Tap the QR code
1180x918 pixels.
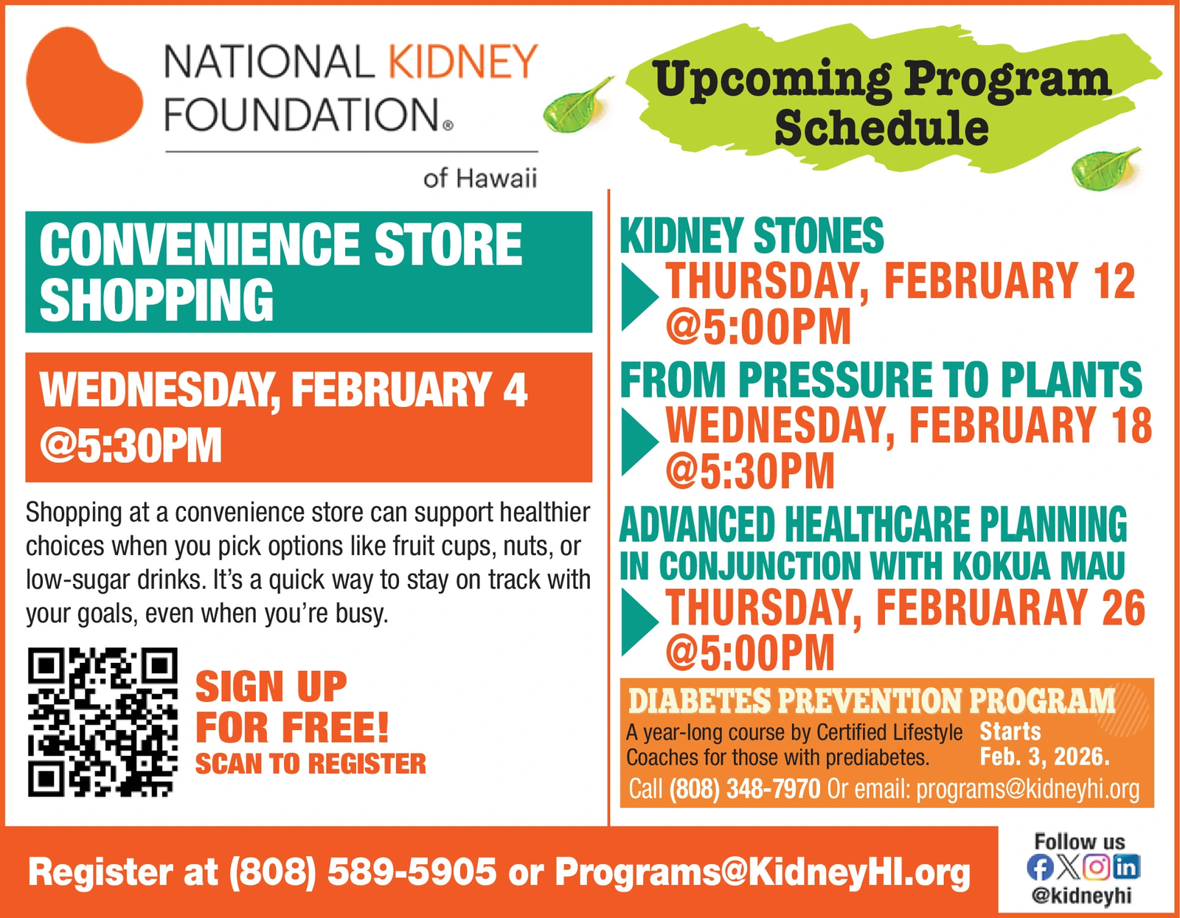pos(103,722)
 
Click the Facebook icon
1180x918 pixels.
pos(1040,867)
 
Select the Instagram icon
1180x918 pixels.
pos(1097,867)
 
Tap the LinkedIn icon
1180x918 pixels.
pos(1126,867)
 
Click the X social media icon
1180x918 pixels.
pos(1068,867)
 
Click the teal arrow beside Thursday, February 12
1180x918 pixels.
pos(639,297)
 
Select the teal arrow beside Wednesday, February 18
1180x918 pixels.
pos(639,442)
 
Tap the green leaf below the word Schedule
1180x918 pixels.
pos(1105,168)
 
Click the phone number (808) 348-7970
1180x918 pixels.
pos(744,789)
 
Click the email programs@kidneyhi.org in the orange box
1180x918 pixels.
pos(1028,789)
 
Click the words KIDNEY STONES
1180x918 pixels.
pos(752,236)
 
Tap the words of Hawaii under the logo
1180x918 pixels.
pos(480,178)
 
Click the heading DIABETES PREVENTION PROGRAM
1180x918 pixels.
pos(872,701)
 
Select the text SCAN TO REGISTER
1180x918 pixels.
pos(310,764)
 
